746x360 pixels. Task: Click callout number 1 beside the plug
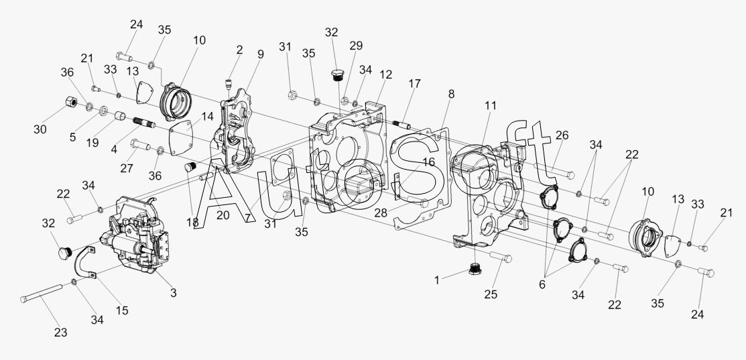(x=437, y=280)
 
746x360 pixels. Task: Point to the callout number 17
(x=415, y=84)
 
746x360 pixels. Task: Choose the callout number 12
(x=385, y=74)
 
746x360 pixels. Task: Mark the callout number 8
(x=452, y=95)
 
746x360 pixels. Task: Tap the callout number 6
(x=542, y=284)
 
